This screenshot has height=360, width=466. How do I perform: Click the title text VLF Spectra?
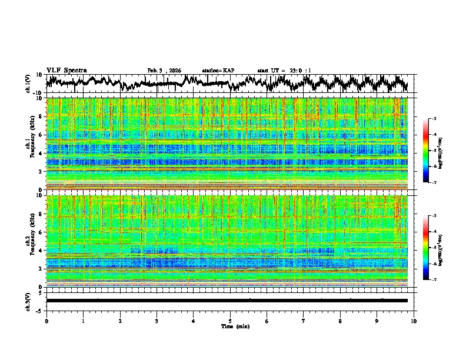coord(66,70)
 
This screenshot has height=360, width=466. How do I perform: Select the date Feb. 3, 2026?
coord(164,71)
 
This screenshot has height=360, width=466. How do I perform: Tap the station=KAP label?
coord(218,71)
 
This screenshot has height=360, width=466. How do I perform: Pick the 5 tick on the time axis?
coord(230,321)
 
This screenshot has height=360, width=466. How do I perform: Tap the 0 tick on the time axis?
coord(46,321)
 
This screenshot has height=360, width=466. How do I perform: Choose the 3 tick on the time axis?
coord(157,321)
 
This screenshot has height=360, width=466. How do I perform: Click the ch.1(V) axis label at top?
coord(29,84)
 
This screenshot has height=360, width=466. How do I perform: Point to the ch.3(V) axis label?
coord(29,301)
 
